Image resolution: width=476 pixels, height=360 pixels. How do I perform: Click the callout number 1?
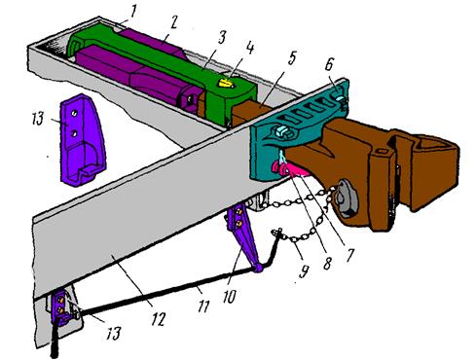point(133,12)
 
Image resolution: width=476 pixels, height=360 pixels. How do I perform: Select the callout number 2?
point(174,23)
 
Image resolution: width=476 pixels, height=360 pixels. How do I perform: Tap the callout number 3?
point(222,38)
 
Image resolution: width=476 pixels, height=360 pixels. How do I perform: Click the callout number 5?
point(292,57)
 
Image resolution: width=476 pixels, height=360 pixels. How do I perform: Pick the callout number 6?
point(328,65)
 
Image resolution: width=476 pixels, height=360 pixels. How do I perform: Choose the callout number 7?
point(349,256)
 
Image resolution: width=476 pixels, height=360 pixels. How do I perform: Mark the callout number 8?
point(327,263)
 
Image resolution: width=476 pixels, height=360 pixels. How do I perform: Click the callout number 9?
point(304,271)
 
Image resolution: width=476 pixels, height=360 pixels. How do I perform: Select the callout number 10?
point(230,297)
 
